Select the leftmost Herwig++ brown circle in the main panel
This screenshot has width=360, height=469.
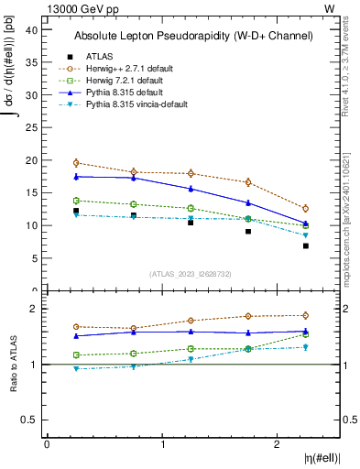tap(76, 163)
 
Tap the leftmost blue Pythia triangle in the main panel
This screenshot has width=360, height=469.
tap(76, 176)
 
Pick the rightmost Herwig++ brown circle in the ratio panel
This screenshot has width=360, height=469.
tap(306, 315)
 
